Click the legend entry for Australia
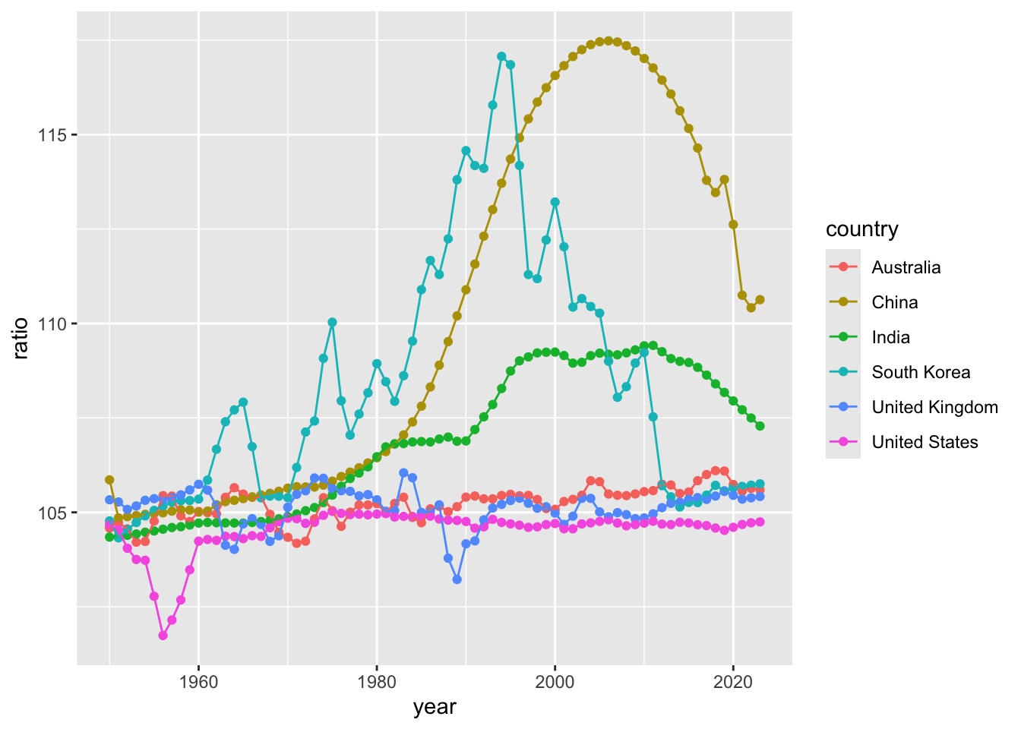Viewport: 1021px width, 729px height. [x=906, y=267]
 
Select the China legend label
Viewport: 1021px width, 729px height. [x=894, y=302]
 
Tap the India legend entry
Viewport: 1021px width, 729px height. [x=890, y=337]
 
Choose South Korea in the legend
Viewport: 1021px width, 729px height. [x=921, y=372]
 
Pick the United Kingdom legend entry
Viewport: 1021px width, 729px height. [x=934, y=407]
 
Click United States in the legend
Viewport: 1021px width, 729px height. [x=925, y=442]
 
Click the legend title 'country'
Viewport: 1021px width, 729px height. [x=861, y=229]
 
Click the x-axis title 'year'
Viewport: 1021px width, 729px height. [x=435, y=708]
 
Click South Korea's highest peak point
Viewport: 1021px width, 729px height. [x=501, y=56]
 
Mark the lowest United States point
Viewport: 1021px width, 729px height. [x=163, y=636]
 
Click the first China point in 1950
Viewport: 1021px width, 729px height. [x=109, y=480]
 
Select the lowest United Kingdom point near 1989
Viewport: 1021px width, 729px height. [x=457, y=579]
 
